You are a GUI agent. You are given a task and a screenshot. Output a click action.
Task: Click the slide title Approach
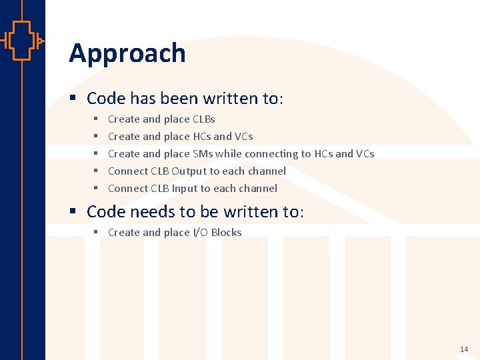127,53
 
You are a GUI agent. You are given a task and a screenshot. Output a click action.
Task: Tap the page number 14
464,349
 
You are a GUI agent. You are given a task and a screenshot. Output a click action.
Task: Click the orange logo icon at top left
22,41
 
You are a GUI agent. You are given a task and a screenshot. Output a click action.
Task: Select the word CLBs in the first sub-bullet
203,119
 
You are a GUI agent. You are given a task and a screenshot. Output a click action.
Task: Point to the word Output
189,171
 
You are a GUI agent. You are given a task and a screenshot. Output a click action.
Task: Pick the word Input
185,189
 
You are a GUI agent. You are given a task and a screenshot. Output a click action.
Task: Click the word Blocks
226,233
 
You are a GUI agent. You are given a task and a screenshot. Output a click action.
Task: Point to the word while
229,154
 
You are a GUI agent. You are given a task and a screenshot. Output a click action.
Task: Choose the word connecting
271,154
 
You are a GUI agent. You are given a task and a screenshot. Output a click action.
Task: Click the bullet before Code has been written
75,99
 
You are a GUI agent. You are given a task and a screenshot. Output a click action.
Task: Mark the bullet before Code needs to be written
75,212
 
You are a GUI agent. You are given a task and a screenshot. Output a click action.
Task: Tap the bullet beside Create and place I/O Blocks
96,233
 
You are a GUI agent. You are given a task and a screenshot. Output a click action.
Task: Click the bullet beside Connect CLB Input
96,189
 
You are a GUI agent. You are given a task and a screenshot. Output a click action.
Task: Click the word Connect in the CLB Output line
128,171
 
